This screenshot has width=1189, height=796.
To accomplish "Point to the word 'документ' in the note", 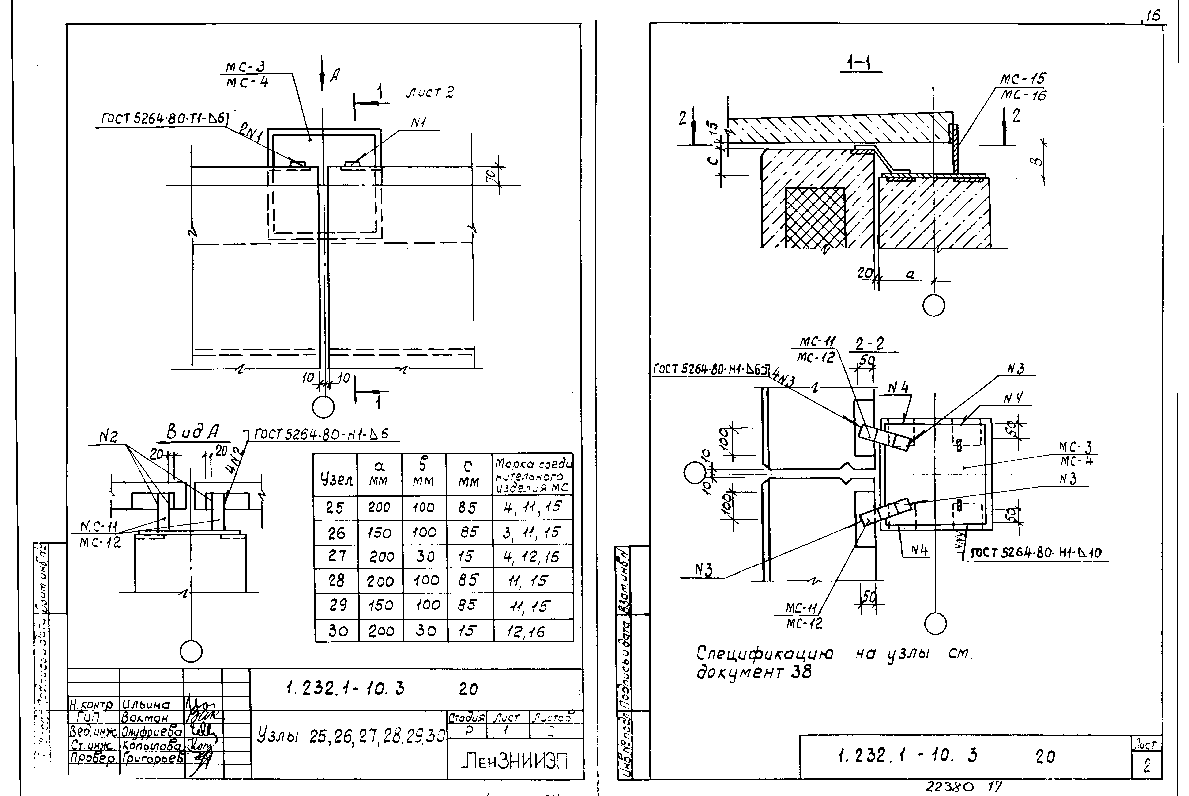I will tap(741, 673).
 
